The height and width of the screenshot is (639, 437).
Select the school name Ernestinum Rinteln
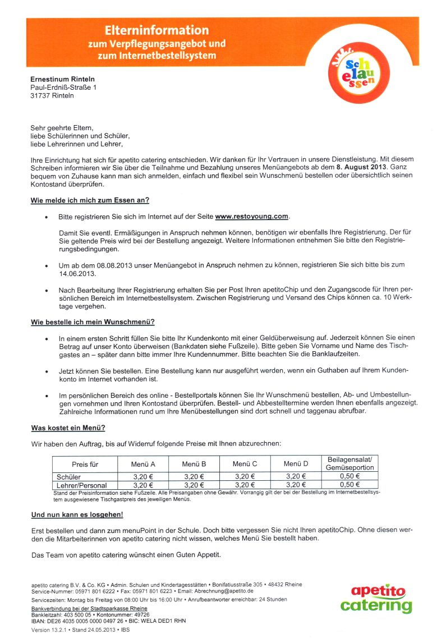[62, 79]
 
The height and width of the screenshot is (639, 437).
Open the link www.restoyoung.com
[251, 216]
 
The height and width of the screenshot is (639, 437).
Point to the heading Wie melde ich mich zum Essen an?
[90, 200]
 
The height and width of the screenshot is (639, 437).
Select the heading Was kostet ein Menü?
[68, 428]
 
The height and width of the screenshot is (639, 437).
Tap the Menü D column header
[296, 464]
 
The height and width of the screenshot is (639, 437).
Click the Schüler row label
[68, 477]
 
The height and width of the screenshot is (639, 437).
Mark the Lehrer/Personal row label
[81, 485]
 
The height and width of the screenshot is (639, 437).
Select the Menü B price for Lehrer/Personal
[194, 485]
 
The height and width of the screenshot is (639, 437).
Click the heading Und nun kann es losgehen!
[77, 514]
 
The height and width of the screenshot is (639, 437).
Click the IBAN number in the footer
[95, 621]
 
